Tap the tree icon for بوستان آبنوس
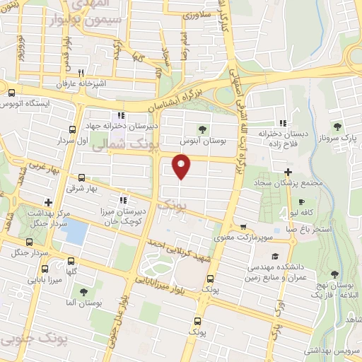[x=203, y=129]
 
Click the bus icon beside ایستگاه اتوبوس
[x=11, y=93]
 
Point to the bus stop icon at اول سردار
[x=73, y=129]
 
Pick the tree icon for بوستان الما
[x=83, y=291]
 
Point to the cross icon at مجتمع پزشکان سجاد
[x=287, y=172]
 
